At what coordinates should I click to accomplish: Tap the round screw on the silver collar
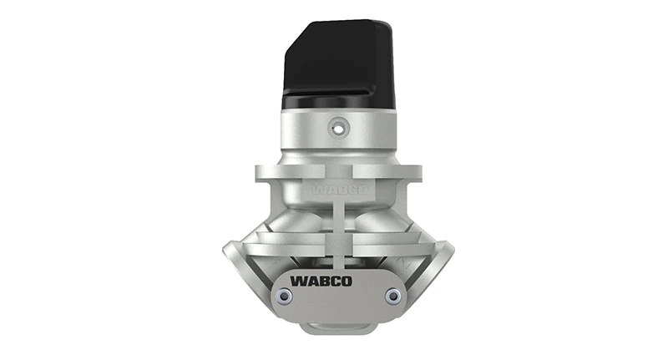click(x=337, y=128)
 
